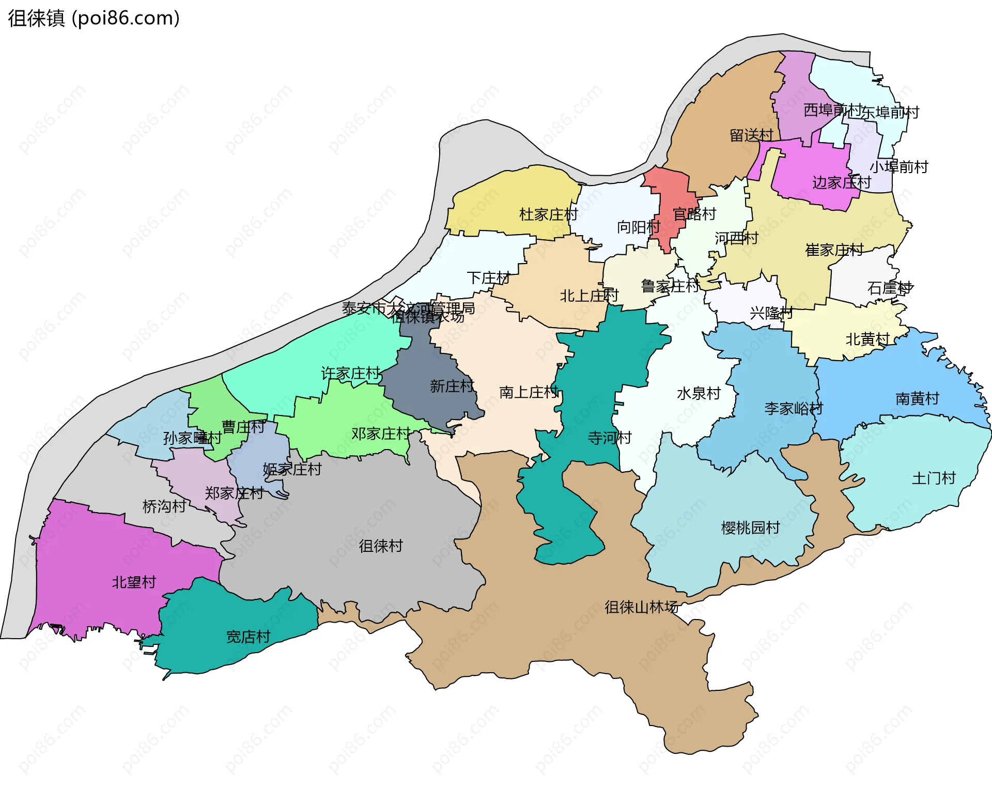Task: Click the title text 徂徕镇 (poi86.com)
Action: click(94, 18)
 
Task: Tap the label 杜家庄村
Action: click(548, 214)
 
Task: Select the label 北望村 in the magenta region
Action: click(134, 582)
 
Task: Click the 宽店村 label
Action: click(248, 637)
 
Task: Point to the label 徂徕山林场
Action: click(641, 607)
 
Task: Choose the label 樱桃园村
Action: click(750, 528)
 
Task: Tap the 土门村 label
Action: click(934, 478)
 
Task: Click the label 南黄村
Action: click(917, 398)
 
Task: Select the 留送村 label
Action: click(751, 135)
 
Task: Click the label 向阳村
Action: click(638, 227)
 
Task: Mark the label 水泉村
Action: click(699, 393)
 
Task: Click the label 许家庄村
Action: click(350, 373)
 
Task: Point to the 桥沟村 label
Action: click(164, 506)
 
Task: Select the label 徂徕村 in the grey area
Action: click(381, 546)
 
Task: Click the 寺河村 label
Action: click(610, 438)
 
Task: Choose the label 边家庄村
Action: click(841, 182)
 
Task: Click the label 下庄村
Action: click(488, 278)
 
